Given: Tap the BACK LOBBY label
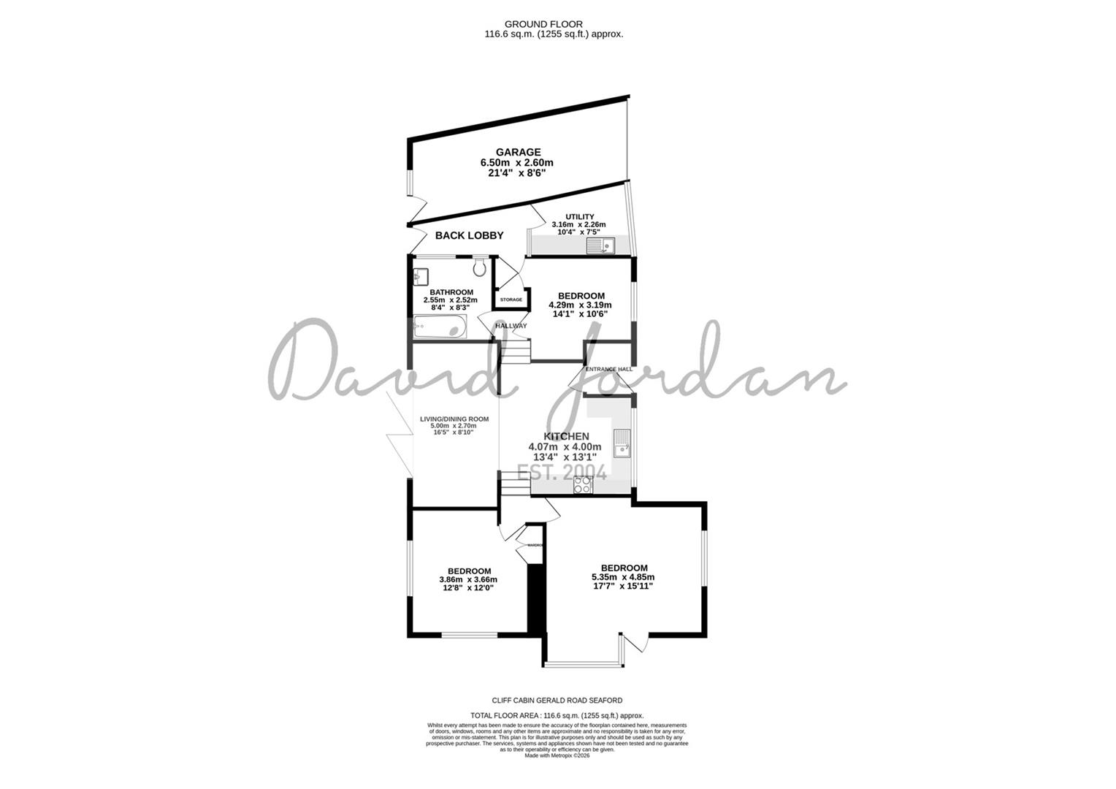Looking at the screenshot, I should click(469, 235).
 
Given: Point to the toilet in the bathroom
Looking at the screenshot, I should click(479, 268).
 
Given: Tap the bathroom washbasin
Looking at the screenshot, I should click(420, 277).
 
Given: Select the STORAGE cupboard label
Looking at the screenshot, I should click(511, 300).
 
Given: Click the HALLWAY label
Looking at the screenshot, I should click(511, 326).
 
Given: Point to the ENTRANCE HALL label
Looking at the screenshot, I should click(608, 370).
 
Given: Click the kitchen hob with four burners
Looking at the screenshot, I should click(583, 484).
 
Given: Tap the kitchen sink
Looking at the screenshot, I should click(622, 443).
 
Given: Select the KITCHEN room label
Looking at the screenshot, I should click(565, 436).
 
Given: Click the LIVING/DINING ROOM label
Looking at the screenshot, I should click(454, 419).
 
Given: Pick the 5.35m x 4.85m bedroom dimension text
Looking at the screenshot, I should click(622, 577).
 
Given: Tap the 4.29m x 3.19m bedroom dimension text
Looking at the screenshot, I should click(580, 305).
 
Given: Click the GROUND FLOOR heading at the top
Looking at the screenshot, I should click(554, 24).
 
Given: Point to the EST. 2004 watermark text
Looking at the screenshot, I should click(561, 473).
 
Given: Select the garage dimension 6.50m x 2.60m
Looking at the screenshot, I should click(516, 163).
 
